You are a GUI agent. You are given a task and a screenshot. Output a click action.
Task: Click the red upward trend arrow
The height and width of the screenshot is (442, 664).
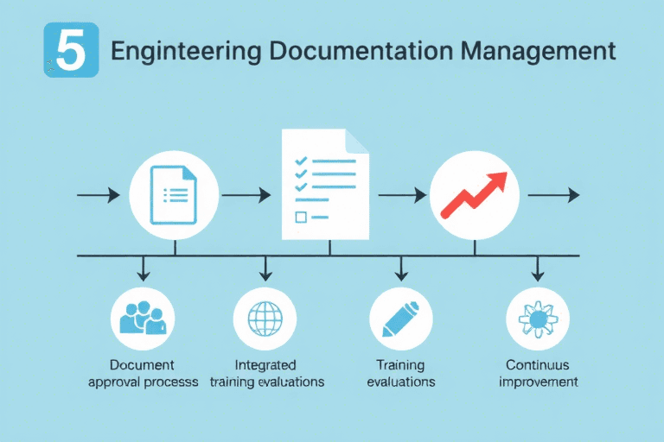[x=474, y=195]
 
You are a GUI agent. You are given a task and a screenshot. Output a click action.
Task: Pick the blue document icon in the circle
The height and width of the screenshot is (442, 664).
[x=174, y=196]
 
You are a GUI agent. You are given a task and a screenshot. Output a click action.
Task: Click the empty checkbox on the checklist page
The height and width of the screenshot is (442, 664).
[x=300, y=218]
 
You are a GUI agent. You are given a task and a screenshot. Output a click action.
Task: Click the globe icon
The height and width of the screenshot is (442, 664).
[x=265, y=319]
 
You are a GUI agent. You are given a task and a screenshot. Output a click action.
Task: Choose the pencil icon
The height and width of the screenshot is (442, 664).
[x=400, y=319]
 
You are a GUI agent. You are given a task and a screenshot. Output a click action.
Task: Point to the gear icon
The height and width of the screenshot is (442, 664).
[x=537, y=319]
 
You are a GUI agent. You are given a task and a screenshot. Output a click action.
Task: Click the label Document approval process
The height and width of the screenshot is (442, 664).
[x=143, y=373]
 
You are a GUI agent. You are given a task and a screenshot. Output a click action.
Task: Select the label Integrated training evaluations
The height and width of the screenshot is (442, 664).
[x=266, y=373]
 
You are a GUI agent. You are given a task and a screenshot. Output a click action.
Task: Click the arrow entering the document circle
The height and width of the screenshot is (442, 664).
[x=99, y=196]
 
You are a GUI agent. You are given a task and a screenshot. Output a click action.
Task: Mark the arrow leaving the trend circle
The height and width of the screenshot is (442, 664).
[x=553, y=196]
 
